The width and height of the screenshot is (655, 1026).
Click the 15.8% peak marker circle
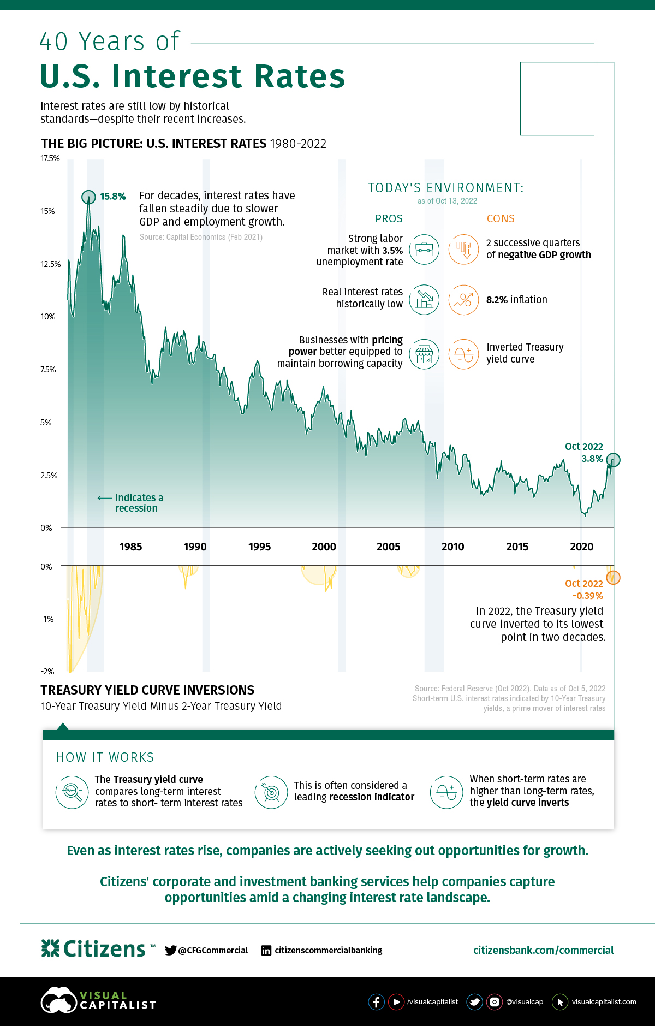pos(88,197)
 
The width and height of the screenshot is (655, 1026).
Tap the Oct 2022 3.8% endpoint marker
pos(613,460)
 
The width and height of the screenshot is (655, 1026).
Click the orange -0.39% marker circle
pos(613,577)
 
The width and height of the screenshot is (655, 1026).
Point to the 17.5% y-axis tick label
pos(50,158)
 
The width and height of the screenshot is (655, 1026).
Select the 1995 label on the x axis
pos(259,547)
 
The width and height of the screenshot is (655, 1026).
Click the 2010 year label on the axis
pos(452,547)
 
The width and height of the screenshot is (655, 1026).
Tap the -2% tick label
pos(47,671)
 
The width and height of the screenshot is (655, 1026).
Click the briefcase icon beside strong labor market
pos(424,250)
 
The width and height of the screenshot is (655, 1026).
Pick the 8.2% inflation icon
pos(463,300)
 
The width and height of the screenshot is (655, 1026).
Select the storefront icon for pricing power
pos(424,354)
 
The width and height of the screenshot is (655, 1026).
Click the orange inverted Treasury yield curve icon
pos(463,354)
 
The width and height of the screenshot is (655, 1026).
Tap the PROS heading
pos(389,218)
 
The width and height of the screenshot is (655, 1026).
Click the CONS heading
pos(501,218)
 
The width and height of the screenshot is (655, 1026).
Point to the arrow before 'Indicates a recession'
pos(104,498)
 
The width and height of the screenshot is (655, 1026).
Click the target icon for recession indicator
pos(271,792)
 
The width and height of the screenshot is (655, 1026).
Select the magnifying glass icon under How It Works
pos(72,792)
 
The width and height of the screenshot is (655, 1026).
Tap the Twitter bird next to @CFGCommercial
pos(171,950)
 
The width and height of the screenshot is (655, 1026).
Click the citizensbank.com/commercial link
pos(543,950)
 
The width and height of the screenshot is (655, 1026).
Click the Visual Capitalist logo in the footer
pos(98,1000)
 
